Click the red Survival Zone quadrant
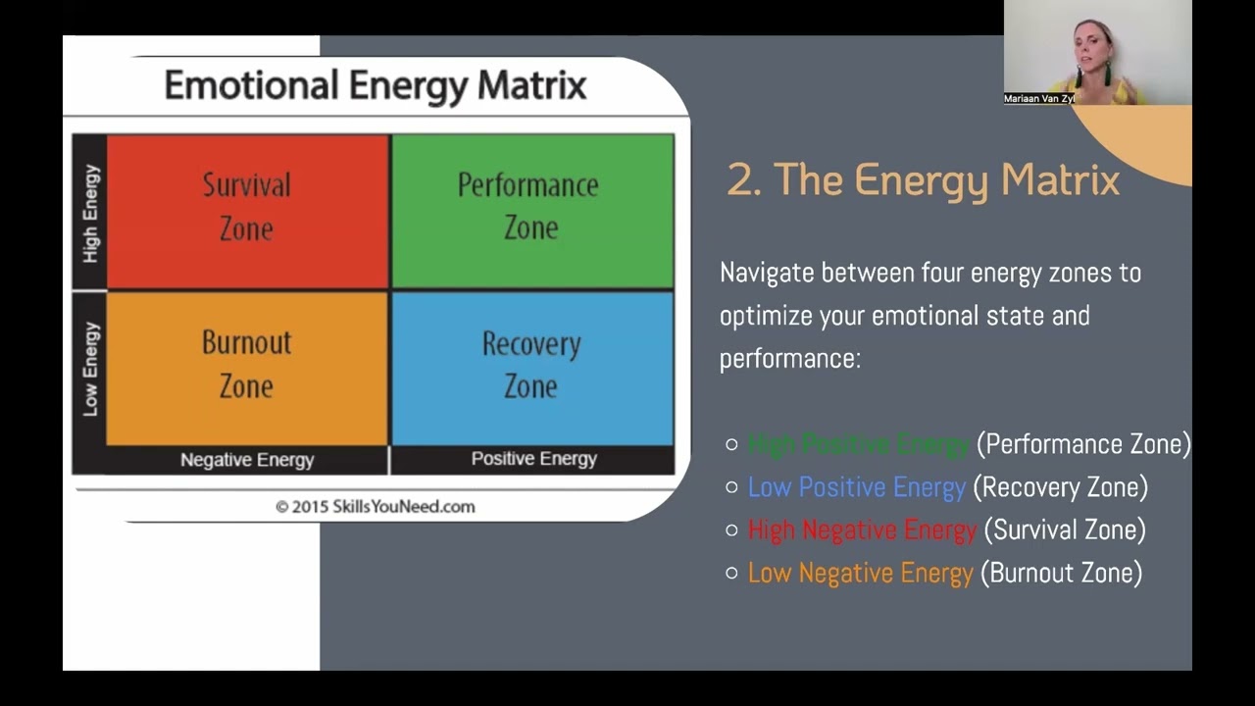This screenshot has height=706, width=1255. [x=247, y=211]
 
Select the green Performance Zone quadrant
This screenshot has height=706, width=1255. [x=531, y=211]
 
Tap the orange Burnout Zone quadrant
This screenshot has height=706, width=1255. [x=247, y=368]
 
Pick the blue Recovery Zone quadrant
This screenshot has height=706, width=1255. [x=531, y=368]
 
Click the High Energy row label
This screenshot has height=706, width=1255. [x=90, y=213]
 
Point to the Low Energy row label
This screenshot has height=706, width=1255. [x=90, y=369]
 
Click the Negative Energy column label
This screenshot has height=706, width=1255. [x=247, y=460]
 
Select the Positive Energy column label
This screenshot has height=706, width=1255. [x=533, y=459]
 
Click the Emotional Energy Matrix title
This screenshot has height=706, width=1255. [x=375, y=86]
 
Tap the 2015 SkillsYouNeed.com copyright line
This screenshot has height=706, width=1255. [x=375, y=507]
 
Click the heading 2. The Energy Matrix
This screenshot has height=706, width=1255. [x=923, y=180]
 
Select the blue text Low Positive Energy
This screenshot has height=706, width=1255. [x=856, y=487]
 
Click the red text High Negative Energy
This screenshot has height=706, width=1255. [x=862, y=530]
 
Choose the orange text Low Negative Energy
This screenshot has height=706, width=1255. [x=860, y=574]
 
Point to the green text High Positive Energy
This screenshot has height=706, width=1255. [x=858, y=444]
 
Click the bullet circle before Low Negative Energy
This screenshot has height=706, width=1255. [x=731, y=574]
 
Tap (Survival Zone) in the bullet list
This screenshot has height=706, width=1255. [x=1064, y=530]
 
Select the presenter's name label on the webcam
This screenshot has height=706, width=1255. [x=1039, y=99]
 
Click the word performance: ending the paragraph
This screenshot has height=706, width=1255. [x=789, y=359]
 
